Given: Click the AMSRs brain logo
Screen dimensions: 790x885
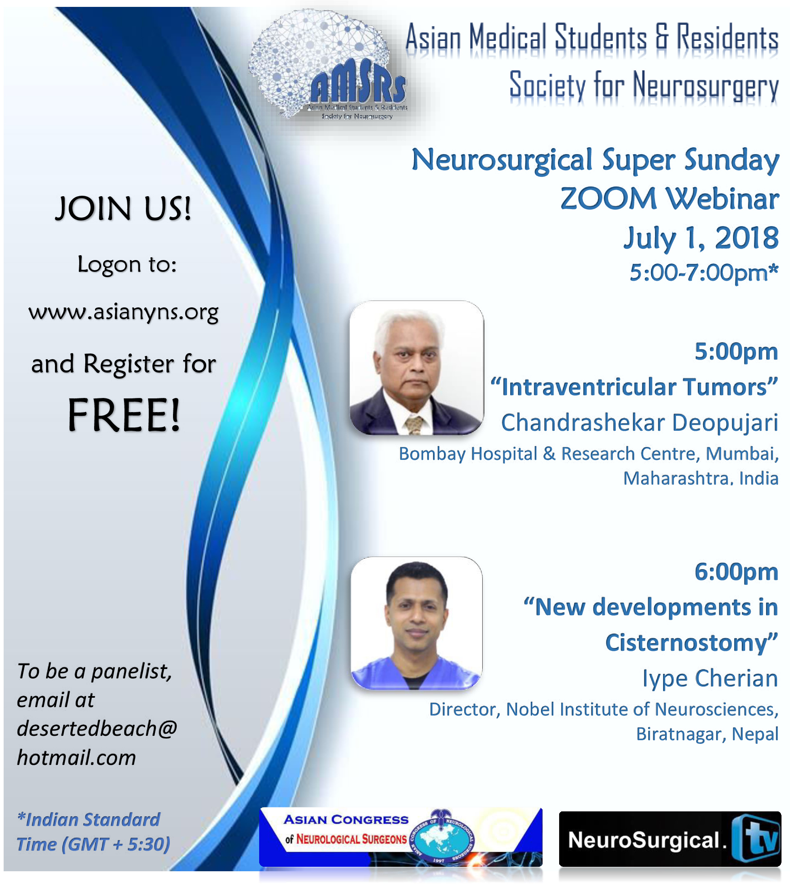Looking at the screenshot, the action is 329,66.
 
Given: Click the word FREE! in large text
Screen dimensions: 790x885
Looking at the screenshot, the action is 124,415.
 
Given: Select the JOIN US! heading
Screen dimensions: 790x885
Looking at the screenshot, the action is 123,208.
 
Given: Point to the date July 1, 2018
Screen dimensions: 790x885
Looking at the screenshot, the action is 701,238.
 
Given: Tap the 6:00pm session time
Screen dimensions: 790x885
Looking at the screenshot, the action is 736,572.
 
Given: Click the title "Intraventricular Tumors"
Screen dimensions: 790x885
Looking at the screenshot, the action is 634,387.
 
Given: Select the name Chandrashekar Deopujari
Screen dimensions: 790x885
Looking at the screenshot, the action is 639,423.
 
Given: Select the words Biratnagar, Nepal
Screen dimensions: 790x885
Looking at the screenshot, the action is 707,734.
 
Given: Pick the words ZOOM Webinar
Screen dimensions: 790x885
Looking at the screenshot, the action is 670,199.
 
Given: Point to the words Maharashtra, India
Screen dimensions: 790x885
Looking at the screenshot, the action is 701,478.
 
